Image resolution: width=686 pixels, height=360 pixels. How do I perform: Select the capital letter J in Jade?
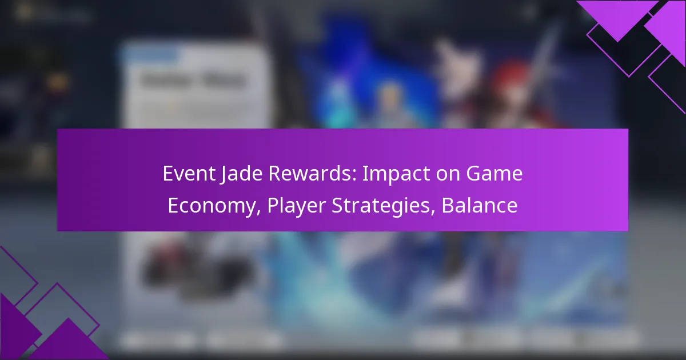pyautogui.click(x=221, y=174)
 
